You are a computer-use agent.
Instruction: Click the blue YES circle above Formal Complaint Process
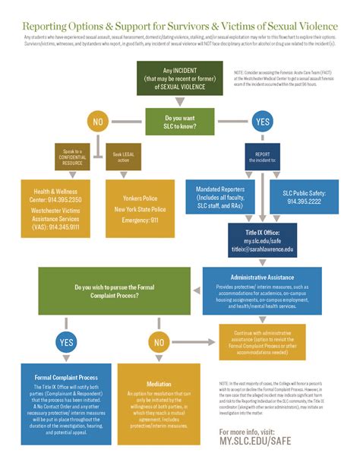pyautogui.click(x=66, y=343)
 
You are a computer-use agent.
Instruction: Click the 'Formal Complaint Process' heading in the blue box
pyautogui.click(x=66, y=377)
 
